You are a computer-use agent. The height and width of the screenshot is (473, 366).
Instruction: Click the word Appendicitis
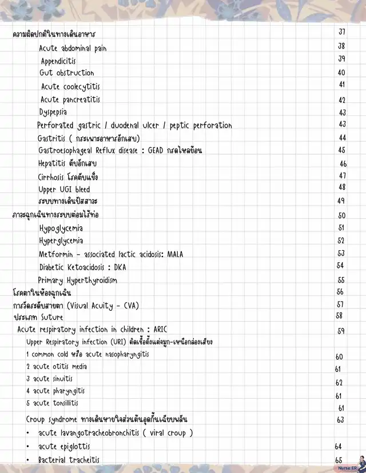pyautogui.click(x=58, y=61)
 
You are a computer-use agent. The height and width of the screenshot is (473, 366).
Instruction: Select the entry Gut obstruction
pyautogui.click(x=67, y=73)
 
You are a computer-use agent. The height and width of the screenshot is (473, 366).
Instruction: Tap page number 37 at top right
pyautogui.click(x=341, y=32)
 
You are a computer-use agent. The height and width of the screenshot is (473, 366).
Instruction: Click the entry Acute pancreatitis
pyautogui.click(x=70, y=100)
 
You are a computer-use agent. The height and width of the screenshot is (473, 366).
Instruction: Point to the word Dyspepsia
pyautogui.click(x=53, y=112)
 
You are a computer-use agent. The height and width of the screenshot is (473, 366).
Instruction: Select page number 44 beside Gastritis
pyautogui.click(x=342, y=138)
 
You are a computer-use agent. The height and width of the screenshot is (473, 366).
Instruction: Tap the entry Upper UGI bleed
pyautogui.click(x=64, y=189)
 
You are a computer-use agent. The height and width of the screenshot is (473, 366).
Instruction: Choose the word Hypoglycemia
pyautogui.click(x=61, y=229)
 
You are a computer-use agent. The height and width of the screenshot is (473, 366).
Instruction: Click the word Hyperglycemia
pyautogui.click(x=61, y=241)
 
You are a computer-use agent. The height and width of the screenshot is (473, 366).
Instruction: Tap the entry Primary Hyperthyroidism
pyautogui.click(x=78, y=280)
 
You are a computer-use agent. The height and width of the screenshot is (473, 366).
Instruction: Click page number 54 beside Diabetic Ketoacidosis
pyautogui.click(x=340, y=266)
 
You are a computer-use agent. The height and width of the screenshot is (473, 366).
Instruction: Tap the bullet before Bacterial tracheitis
pyautogui.click(x=27, y=460)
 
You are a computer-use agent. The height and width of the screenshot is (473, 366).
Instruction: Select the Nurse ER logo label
pyautogui.click(x=347, y=468)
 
